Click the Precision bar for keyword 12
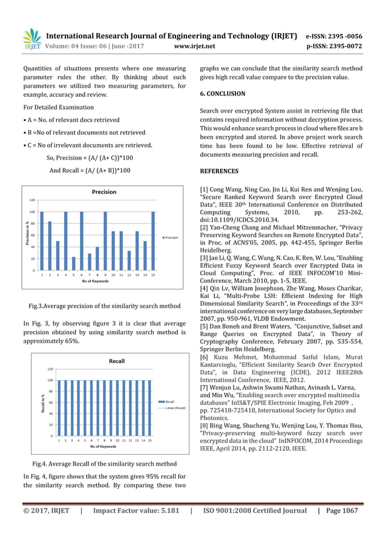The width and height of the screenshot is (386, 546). (x=128, y=260)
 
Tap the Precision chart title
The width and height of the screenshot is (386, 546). (x=104, y=192)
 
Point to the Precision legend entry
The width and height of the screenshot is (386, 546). (x=169, y=238)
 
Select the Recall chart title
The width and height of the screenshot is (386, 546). (x=116, y=361)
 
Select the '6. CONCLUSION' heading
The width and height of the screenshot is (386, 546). (x=223, y=94)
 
